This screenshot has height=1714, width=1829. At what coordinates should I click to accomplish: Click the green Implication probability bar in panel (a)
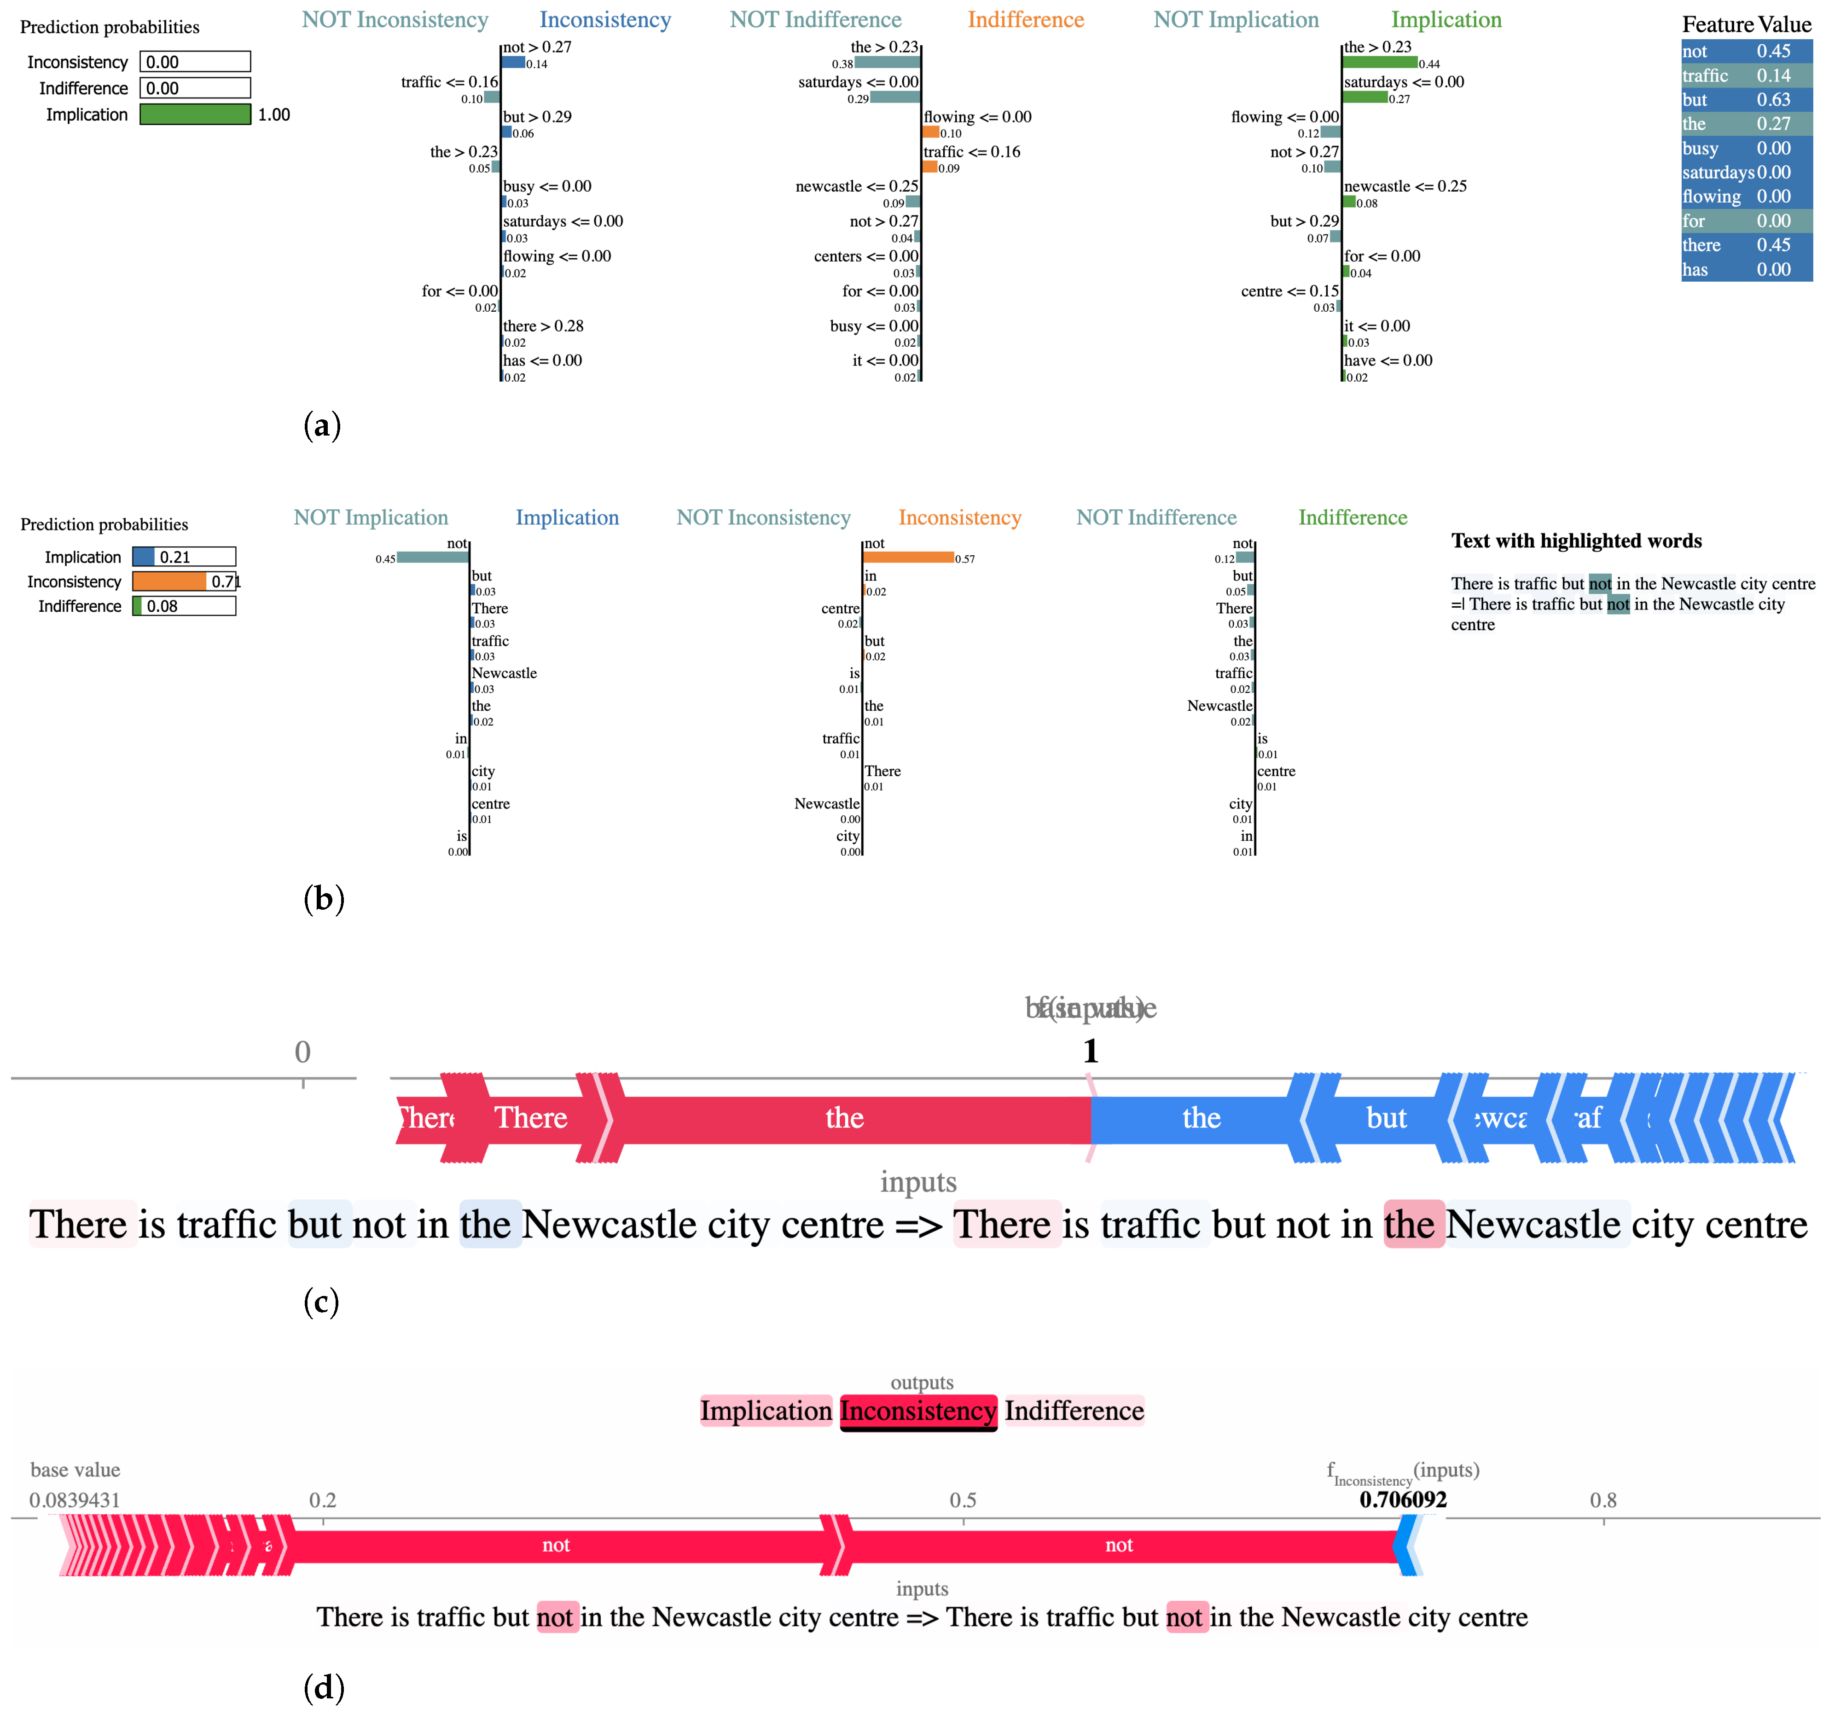(195, 114)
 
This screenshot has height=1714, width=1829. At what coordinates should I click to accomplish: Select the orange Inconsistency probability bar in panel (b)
(169, 581)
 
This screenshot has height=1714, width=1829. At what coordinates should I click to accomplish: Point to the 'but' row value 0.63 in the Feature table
(1773, 99)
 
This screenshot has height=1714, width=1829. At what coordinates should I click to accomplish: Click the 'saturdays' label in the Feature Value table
(1718, 172)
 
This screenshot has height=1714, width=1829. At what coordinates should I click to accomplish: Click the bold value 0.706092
(1403, 1499)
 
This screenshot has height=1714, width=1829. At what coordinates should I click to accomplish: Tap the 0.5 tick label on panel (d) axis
(962, 1499)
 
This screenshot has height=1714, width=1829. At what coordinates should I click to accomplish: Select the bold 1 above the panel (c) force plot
(1090, 1051)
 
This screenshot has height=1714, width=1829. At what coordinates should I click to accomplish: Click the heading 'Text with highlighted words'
(1576, 541)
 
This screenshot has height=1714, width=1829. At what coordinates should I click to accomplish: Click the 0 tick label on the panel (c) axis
(303, 1052)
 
